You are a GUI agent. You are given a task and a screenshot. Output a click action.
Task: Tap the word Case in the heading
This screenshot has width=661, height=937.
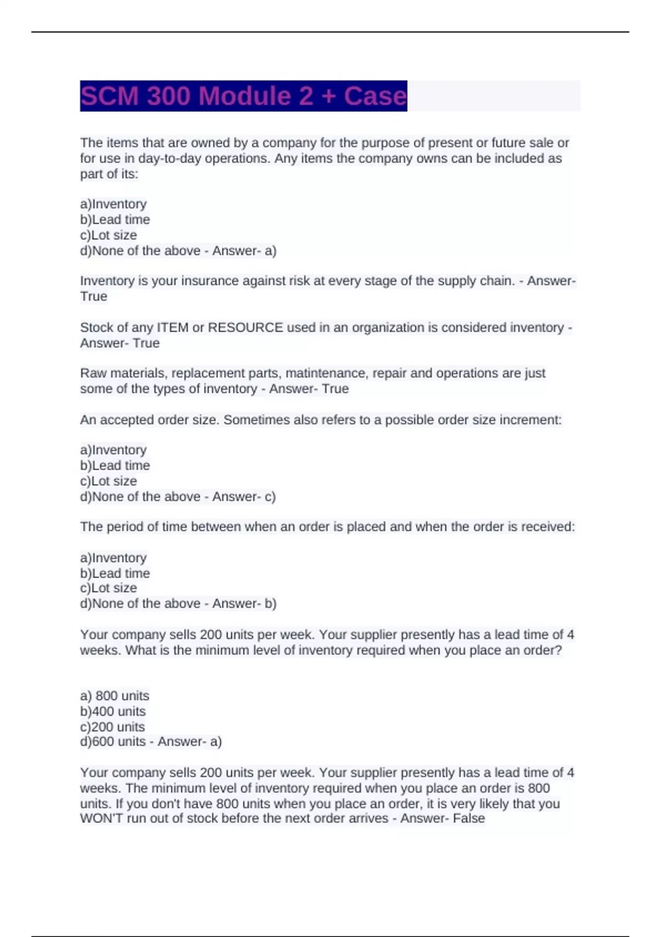click(375, 96)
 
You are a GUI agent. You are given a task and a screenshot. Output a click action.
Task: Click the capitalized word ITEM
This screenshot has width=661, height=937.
click(173, 327)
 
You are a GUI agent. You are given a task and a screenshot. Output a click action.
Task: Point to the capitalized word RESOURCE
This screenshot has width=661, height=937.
click(245, 327)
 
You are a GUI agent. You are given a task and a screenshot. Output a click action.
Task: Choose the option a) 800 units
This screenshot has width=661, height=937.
click(115, 696)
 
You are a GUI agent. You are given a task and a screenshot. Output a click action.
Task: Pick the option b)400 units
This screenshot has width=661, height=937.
click(113, 711)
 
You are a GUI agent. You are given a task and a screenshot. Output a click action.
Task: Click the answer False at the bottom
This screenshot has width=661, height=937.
click(469, 818)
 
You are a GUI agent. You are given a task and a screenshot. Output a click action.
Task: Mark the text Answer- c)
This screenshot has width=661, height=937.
click(244, 497)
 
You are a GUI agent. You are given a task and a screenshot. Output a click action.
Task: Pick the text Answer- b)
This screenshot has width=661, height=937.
click(244, 604)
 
